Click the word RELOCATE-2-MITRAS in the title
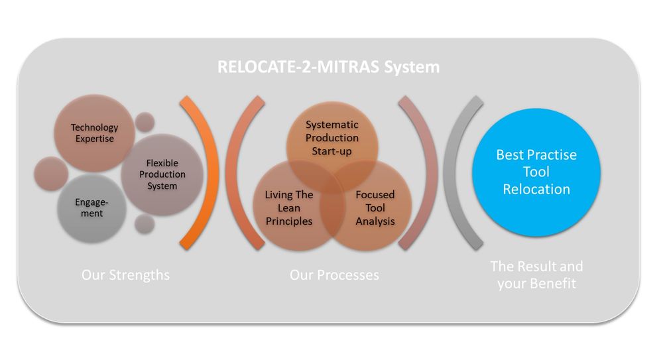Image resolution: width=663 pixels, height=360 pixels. click(298, 67)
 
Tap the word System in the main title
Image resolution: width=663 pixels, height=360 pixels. click(412, 67)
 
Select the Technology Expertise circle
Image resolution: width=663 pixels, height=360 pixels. click(94, 133)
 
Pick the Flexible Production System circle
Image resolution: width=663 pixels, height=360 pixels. click(162, 174)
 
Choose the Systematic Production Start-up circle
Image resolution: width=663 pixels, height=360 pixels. click(332, 137)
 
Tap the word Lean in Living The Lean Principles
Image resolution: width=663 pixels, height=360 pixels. click(289, 208)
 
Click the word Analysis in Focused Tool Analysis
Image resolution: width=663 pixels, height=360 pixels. click(375, 221)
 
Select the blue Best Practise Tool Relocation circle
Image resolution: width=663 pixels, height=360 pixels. click(536, 172)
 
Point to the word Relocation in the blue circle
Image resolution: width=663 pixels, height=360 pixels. click(536, 189)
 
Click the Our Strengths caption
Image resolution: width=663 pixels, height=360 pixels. click(125, 275)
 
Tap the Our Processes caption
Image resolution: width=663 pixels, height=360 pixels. click(334, 275)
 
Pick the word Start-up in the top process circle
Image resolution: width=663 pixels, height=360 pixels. click(331, 151)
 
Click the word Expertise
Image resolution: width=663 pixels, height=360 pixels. click(95, 139)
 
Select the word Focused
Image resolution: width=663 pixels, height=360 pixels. click(375, 195)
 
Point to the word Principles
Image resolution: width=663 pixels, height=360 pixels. click(289, 221)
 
